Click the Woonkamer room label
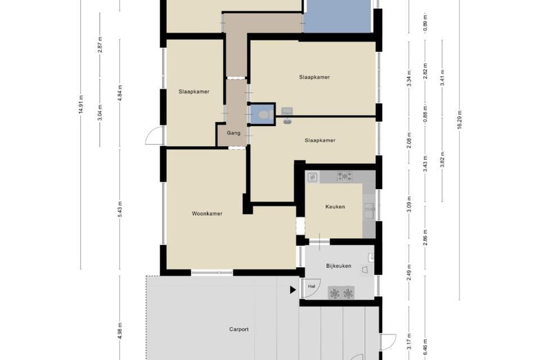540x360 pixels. tap(207, 214)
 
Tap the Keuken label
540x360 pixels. tap(335, 207)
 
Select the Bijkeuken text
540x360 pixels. tap(339, 266)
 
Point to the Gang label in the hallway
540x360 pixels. tap(233, 133)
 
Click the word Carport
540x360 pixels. tap(239, 330)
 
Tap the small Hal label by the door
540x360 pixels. tap(312, 287)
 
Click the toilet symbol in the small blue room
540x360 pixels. tap(265, 114)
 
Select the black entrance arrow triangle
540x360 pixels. tap(293, 290)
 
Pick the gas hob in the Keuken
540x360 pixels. tap(344, 177)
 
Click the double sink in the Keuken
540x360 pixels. tap(369, 211)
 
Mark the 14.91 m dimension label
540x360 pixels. tap(80, 105)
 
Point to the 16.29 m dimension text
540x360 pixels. tap(459, 120)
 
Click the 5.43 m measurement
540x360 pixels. tap(120, 209)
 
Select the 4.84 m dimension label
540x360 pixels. tap(120, 93)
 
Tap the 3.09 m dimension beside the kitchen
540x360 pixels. tap(408, 204)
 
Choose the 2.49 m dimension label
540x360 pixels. tap(408, 273)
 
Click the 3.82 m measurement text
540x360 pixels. tap(442, 159)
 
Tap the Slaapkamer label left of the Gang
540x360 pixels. tap(194, 91)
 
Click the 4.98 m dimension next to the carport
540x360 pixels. tap(120, 331)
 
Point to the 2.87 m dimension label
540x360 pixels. tap(100, 44)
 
